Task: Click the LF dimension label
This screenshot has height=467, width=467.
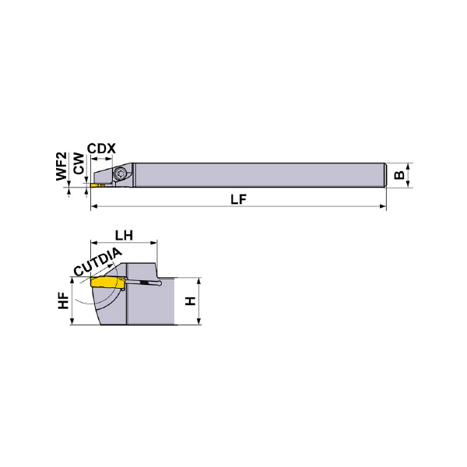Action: (239, 199)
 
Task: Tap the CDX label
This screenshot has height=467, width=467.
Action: (101, 149)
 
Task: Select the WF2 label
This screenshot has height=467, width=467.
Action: (61, 167)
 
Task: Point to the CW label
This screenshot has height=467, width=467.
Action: (79, 163)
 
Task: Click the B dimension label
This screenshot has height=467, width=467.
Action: (399, 175)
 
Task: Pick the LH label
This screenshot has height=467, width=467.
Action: (124, 236)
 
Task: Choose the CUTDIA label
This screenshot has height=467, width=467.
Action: (98, 262)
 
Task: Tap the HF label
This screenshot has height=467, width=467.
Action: (64, 301)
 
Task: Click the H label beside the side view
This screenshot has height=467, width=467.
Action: (191, 300)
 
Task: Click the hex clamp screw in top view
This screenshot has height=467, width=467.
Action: (121, 174)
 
